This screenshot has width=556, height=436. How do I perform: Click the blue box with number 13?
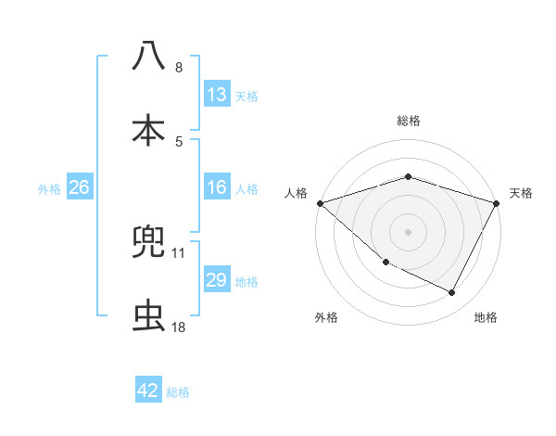pyautogui.click(x=216, y=94)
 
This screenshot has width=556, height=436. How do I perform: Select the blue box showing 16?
pyautogui.click(x=216, y=187)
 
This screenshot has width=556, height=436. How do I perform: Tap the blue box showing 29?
pyautogui.click(x=216, y=280)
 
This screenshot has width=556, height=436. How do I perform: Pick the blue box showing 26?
pyautogui.click(x=79, y=187)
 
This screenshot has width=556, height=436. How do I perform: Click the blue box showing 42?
pyautogui.click(x=148, y=391)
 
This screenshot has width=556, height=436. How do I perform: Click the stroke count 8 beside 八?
pyautogui.click(x=178, y=68)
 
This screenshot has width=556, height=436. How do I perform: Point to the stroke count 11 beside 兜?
pyautogui.click(x=178, y=252)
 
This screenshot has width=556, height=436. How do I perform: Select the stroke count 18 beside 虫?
pyautogui.click(x=178, y=327)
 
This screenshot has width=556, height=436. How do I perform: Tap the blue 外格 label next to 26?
pyautogui.click(x=49, y=188)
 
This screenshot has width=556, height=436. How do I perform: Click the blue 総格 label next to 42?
pyautogui.click(x=178, y=391)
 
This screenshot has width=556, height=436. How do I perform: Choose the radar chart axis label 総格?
pyautogui.click(x=408, y=121)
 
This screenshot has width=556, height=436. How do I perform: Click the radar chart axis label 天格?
pyautogui.click(x=521, y=193)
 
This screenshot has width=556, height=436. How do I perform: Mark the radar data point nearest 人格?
pyautogui.click(x=320, y=203)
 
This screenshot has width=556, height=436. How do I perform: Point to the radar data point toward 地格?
pyautogui.click(x=452, y=293)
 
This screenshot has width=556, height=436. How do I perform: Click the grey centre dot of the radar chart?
pyautogui.click(x=408, y=232)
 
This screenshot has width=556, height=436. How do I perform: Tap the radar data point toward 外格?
pyautogui.click(x=385, y=263)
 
